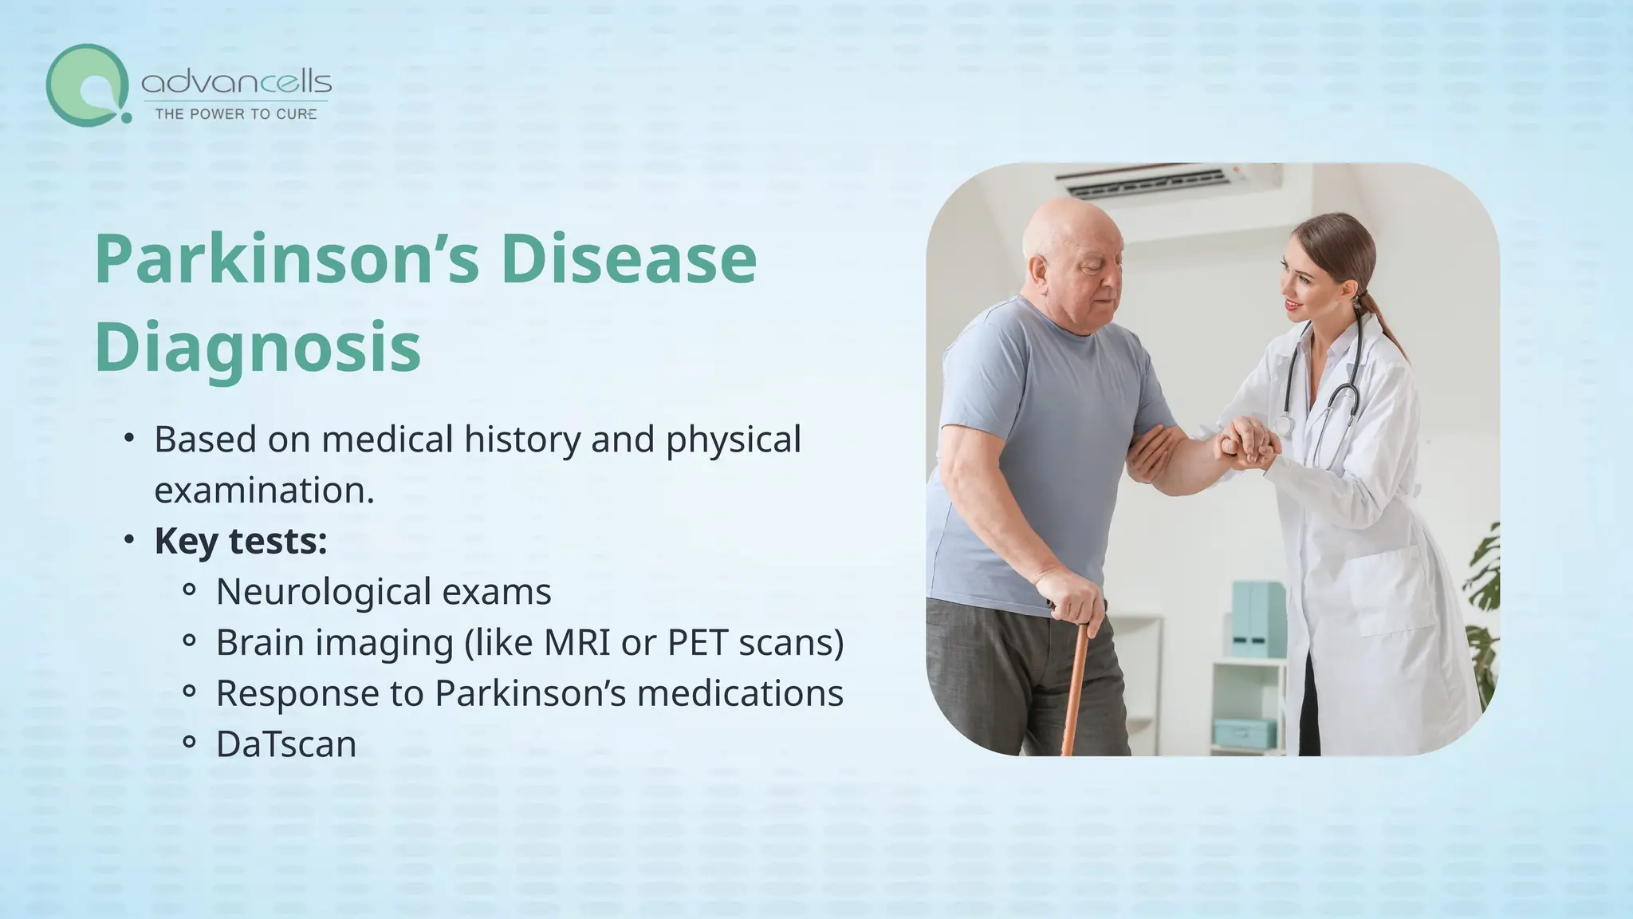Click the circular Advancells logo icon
(86, 85)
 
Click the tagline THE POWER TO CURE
(235, 114)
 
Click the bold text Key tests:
(240, 541)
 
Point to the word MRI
(577, 642)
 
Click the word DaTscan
(285, 744)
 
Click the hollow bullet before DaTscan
(189, 743)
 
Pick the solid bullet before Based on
(128, 440)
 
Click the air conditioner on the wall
(1168, 183)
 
